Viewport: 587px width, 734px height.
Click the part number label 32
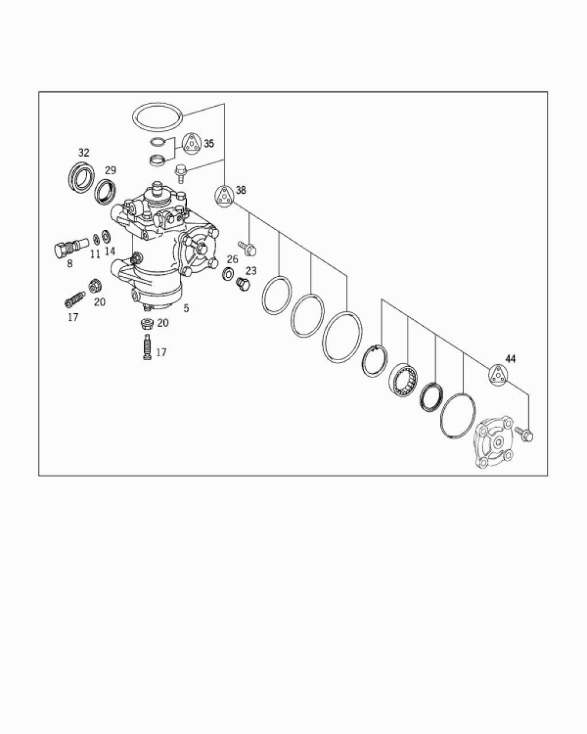pyautogui.click(x=84, y=153)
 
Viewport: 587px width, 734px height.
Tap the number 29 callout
pyautogui.click(x=110, y=170)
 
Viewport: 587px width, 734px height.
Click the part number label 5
pyautogui.click(x=186, y=308)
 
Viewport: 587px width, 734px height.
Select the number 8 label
pyautogui.click(x=69, y=263)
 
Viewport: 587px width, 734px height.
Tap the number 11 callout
pyautogui.click(x=95, y=254)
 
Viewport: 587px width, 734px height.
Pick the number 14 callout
pyautogui.click(x=110, y=251)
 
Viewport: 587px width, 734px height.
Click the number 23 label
pyautogui.click(x=251, y=271)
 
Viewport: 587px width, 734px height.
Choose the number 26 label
pyautogui.click(x=232, y=259)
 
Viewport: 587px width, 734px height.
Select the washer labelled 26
pyautogui.click(x=227, y=274)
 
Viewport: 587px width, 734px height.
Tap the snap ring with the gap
pyautogui.click(x=374, y=361)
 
